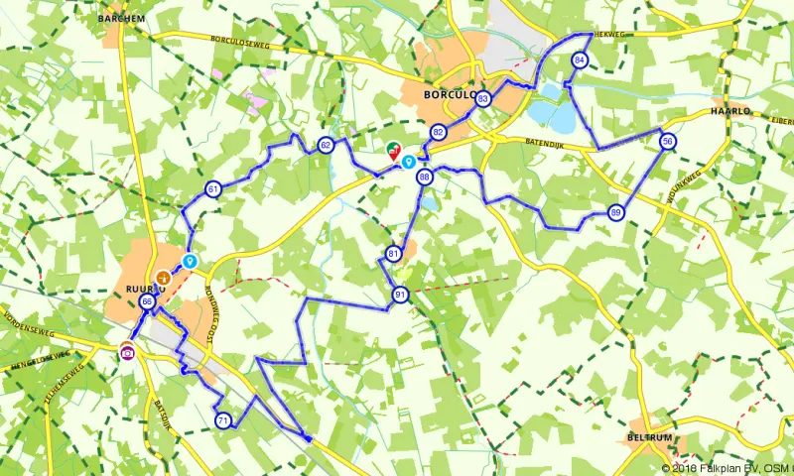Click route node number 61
click(x=213, y=188)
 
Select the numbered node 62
click(x=326, y=146)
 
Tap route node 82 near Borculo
click(x=438, y=132)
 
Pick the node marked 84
click(x=580, y=60)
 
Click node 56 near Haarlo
click(x=669, y=142)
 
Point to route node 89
click(x=616, y=212)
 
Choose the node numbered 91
click(x=400, y=295)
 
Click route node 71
click(x=223, y=420)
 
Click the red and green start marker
click(x=393, y=151)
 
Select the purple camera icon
click(x=127, y=350)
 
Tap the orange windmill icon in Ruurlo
click(x=163, y=277)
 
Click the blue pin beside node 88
click(x=408, y=160)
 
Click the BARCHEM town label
click(x=122, y=17)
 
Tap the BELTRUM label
click(x=651, y=437)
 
